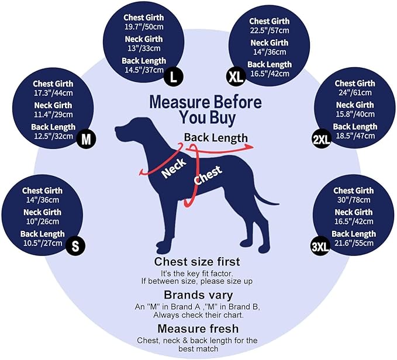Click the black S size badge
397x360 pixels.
click(75, 245)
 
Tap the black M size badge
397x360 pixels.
click(87, 139)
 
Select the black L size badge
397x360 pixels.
click(173, 77)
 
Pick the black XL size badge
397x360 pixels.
click(236, 77)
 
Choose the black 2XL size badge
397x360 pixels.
click(322, 139)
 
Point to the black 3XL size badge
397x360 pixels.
click(320, 246)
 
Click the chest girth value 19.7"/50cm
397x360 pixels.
click(144, 26)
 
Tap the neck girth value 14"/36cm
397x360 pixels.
click(270, 52)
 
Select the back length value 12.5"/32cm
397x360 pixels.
click(53, 136)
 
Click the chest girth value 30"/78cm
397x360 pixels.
click(354, 200)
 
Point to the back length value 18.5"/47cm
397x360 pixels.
click(355, 136)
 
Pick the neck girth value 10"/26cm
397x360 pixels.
click(43, 221)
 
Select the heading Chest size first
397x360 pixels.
click(197, 262)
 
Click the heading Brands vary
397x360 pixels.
click(198, 295)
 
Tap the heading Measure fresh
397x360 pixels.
click(198, 328)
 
